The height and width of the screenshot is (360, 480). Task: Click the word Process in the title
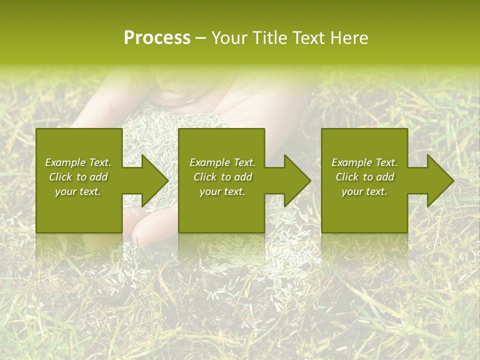(x=157, y=38)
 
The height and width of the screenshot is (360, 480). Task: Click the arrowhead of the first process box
(x=152, y=180)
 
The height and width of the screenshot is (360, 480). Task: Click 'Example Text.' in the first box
(x=78, y=162)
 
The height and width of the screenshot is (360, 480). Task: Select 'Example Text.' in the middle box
(x=222, y=162)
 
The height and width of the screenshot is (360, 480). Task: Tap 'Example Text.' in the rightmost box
(x=364, y=162)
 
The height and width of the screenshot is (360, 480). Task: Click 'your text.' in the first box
(x=78, y=191)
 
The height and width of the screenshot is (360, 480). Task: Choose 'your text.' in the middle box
(x=222, y=191)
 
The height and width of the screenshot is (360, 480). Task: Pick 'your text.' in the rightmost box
(x=364, y=191)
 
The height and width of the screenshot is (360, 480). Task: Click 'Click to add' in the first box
(x=78, y=177)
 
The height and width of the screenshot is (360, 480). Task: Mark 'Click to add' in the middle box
(x=222, y=177)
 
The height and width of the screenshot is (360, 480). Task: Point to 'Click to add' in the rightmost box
(x=364, y=177)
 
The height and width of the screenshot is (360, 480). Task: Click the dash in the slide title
(x=200, y=38)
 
